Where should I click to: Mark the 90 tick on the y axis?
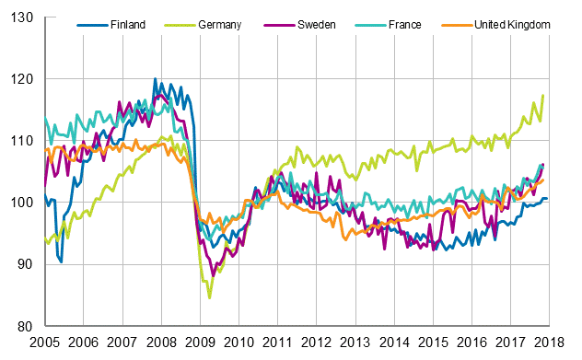[x=26, y=265]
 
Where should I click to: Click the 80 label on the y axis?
[x=26, y=327]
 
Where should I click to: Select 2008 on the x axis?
[x=160, y=342]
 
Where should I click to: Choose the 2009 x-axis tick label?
[x=199, y=342]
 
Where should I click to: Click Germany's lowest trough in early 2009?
[x=209, y=297]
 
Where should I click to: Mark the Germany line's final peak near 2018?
[x=543, y=96]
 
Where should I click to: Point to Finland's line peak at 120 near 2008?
[x=155, y=80]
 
